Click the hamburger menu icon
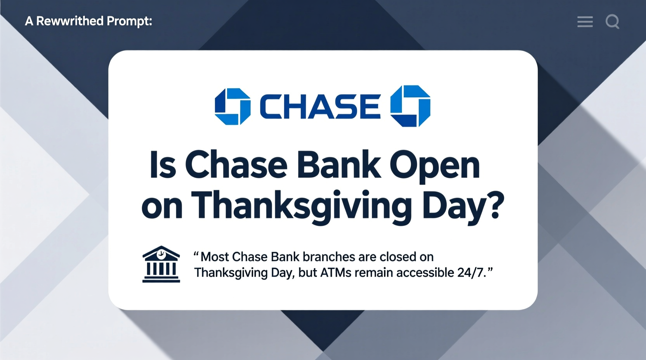pyautogui.click(x=585, y=21)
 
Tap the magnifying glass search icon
pyautogui.click(x=612, y=21)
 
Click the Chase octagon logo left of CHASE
pyautogui.click(x=233, y=106)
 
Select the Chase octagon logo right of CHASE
pyautogui.click(x=410, y=106)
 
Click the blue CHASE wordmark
pyautogui.click(x=320, y=106)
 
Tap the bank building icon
pyautogui.click(x=161, y=264)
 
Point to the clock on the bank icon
pyautogui.click(x=161, y=254)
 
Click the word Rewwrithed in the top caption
pyautogui.click(x=70, y=21)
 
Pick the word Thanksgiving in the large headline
pyautogui.click(x=301, y=206)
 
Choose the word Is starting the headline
pyautogui.click(x=163, y=165)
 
